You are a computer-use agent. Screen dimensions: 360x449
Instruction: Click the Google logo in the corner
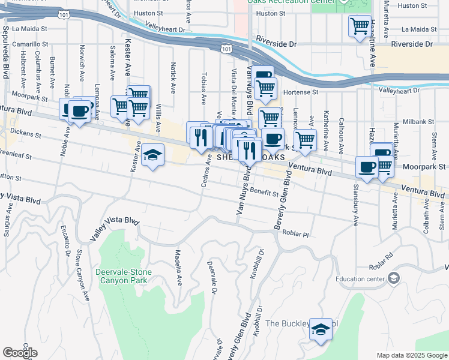pos(20,352)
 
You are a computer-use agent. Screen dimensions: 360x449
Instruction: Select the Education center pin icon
pos(393,278)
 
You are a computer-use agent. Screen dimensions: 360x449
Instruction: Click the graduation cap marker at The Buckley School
pos(321,329)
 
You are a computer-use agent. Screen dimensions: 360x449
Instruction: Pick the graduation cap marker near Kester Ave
pos(152,157)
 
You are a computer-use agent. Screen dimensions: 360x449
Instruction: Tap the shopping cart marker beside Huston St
pos(360,27)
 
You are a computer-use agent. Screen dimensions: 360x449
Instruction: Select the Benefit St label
pos(264,193)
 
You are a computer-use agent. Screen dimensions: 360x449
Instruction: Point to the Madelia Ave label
pos(178,267)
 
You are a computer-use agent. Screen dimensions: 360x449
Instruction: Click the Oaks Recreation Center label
pos(291,2)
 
